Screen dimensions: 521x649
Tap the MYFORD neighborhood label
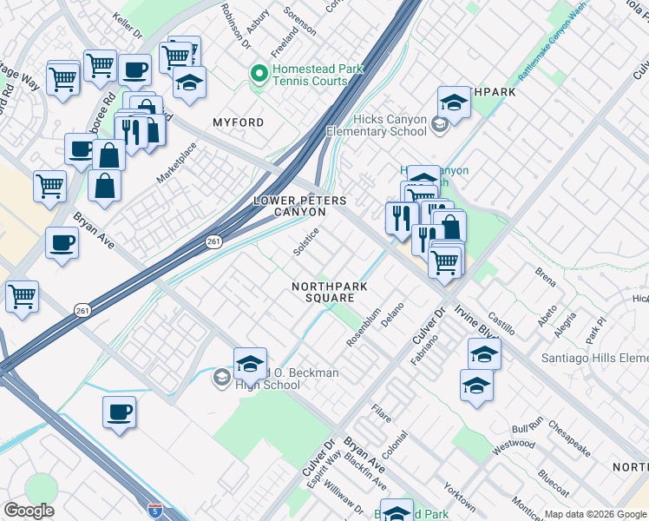click(x=238, y=123)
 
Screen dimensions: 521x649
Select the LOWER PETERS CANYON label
click(x=299, y=206)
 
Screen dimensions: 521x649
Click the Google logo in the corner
click(x=29, y=510)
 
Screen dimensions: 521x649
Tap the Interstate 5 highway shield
click(x=154, y=510)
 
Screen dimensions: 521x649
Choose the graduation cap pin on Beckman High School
click(x=249, y=365)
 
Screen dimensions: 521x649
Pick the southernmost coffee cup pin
click(x=120, y=413)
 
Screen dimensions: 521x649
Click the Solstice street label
click(x=306, y=241)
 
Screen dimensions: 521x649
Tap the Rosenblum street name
click(x=364, y=327)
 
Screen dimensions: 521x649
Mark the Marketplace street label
click(x=177, y=161)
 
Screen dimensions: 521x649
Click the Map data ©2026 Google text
click(x=594, y=514)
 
